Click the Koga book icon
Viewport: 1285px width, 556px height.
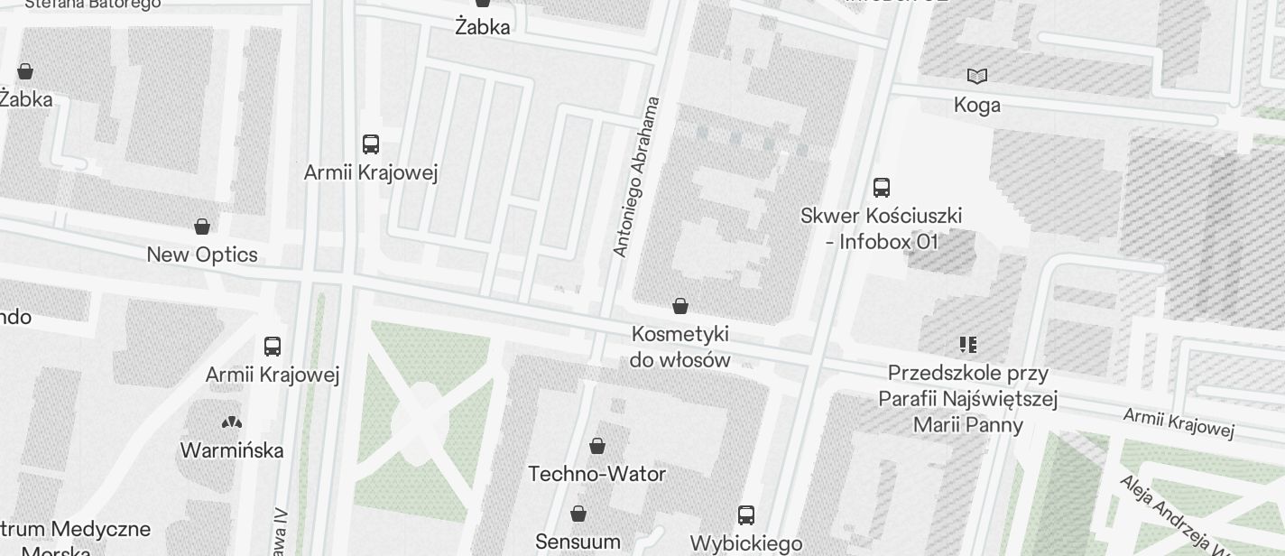tap(977, 76)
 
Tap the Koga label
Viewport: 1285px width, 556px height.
tap(977, 105)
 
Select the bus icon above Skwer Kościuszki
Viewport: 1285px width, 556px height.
tap(882, 188)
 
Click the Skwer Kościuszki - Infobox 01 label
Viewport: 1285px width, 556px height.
tap(882, 228)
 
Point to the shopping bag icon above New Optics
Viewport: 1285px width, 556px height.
tap(202, 226)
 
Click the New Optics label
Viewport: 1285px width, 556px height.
tap(202, 255)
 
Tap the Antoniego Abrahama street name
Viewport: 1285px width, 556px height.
tap(637, 177)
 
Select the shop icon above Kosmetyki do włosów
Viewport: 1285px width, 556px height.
tap(680, 306)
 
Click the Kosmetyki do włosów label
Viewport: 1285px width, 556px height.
tap(680, 347)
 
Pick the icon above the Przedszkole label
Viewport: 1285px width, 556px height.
tap(968, 344)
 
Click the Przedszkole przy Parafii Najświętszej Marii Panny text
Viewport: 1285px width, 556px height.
tap(968, 399)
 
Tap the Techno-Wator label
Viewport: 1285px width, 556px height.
tap(596, 474)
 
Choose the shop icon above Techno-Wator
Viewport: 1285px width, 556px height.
tap(596, 445)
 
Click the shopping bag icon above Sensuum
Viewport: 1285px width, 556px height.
tap(578, 514)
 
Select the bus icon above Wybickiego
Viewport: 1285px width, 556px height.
tap(746, 515)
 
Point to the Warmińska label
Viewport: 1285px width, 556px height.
tap(232, 449)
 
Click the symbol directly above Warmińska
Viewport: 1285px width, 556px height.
tap(232, 422)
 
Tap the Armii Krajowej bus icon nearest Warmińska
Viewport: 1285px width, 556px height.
tap(273, 346)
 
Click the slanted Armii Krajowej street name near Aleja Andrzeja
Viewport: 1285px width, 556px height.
tap(1179, 422)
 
